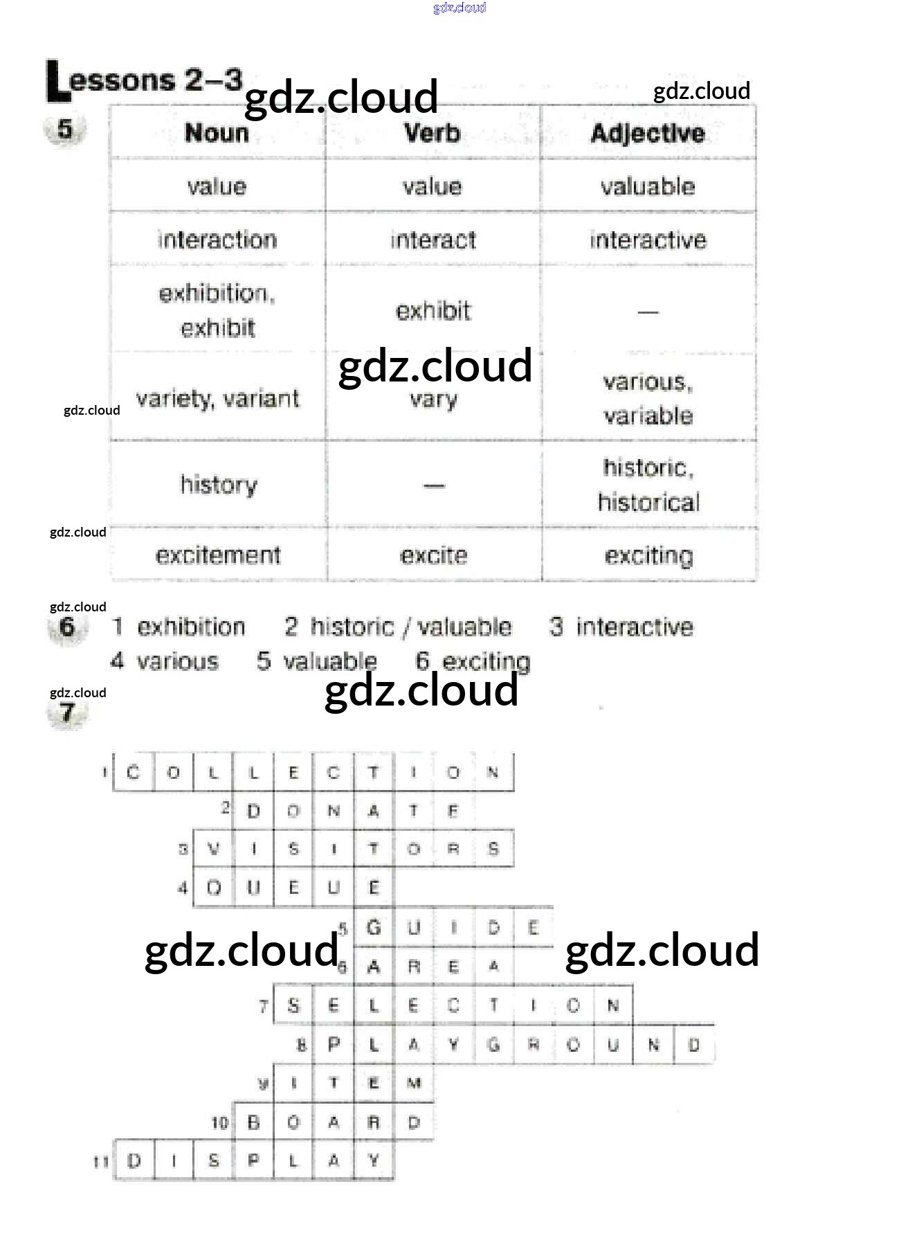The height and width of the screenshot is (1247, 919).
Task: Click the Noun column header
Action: click(217, 133)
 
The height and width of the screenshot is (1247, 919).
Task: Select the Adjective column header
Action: click(648, 133)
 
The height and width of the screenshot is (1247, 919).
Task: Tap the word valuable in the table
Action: click(648, 186)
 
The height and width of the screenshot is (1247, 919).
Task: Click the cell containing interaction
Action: click(217, 240)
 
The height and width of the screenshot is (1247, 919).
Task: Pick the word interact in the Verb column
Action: click(433, 240)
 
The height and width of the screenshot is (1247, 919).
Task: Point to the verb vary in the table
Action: click(433, 400)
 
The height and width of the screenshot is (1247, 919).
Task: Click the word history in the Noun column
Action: click(219, 484)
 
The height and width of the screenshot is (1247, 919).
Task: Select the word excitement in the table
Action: click(218, 555)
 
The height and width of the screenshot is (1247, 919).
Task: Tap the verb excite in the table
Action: click(434, 555)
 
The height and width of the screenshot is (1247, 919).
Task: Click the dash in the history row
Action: click(434, 485)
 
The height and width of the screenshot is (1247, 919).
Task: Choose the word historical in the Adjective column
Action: click(648, 502)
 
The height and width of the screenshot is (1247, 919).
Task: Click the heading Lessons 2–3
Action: click(145, 80)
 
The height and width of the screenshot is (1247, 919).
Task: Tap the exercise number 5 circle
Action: click(65, 129)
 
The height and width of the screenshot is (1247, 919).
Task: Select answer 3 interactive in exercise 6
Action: click(621, 627)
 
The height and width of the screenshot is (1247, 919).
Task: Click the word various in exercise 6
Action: click(177, 661)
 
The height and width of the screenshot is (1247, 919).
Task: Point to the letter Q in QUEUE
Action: click(214, 887)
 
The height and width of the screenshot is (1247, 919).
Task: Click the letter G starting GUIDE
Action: click(374, 926)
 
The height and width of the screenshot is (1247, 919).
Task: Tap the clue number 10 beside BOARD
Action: click(219, 1122)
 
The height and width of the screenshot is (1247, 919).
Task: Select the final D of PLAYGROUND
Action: click(694, 1044)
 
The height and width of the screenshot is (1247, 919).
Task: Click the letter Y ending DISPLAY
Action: click(374, 1160)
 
